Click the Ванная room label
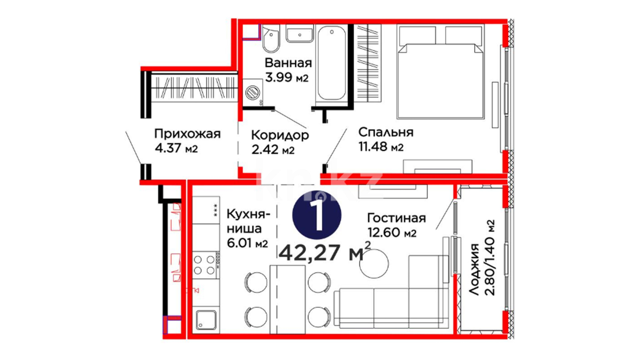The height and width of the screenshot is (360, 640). coord(288,63)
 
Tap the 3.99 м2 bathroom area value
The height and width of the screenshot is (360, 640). coord(287,77)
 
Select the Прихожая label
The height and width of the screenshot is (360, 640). coord(187,134)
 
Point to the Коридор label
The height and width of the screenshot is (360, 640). coord(280,135)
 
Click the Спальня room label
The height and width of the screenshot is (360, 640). coord(386,132)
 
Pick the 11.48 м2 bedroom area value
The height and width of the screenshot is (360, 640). coord(381,147)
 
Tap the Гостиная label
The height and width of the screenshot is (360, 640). coord(396,218)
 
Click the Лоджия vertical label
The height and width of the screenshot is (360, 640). coord(474,269)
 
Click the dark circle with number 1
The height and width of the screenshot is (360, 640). coord(317,215)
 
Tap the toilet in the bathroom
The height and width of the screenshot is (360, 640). coord(271,39)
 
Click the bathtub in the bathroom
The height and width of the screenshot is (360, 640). coord(332,63)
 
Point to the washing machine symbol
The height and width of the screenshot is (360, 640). coord(253,92)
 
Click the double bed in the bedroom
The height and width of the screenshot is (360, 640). coord(440,72)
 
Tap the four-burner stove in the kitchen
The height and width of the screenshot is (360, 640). coord(206,265)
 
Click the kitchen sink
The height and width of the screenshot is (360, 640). coord(206,320)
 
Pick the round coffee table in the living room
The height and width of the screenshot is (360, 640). coord(374,263)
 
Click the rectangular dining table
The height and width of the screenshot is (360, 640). coord(287,299)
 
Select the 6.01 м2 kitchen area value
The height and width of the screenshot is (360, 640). coord(247,243)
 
